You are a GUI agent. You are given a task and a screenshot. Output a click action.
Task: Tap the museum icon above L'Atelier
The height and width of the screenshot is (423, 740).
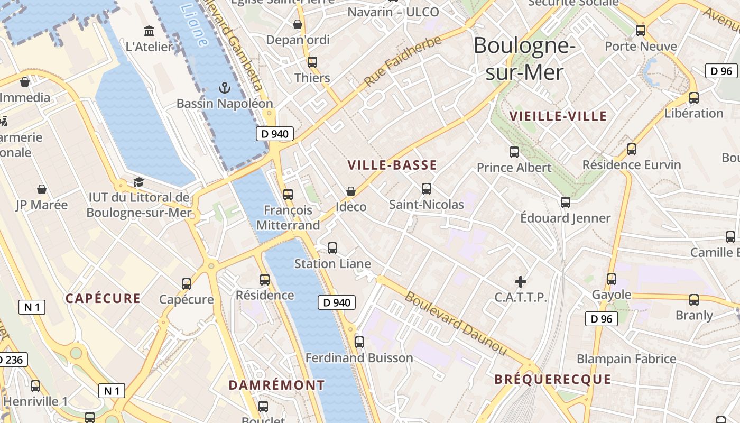(149, 31)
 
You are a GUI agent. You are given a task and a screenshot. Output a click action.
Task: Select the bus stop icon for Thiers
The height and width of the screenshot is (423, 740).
(312, 62)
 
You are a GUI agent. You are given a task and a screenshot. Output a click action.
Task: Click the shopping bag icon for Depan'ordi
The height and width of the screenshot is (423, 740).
(298, 24)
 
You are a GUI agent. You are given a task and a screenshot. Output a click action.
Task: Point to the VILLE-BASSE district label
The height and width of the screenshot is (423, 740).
(392, 165)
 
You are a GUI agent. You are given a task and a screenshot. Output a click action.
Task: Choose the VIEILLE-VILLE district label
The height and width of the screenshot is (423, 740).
(558, 116)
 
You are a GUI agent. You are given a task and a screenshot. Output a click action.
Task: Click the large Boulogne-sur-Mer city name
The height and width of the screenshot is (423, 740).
(524, 59)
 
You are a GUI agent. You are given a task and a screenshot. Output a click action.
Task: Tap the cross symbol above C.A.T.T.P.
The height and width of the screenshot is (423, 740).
(521, 281)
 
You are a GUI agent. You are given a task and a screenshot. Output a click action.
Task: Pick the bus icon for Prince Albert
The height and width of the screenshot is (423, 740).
(514, 152)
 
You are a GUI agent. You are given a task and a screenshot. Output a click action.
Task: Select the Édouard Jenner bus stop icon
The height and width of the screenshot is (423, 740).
(566, 202)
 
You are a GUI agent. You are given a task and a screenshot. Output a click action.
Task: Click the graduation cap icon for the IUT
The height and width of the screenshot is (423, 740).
(138, 182)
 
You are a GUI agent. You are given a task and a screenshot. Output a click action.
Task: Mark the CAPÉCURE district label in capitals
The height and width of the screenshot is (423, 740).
(103, 298)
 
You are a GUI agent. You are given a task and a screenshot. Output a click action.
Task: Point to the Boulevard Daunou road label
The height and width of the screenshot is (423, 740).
(456, 323)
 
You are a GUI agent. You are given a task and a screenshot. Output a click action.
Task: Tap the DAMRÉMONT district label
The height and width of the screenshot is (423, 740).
(276, 385)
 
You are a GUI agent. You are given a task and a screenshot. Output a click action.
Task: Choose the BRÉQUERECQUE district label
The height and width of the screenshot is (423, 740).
(552, 380)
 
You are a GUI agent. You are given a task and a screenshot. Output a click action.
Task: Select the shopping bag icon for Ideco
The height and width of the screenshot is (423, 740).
(350, 191)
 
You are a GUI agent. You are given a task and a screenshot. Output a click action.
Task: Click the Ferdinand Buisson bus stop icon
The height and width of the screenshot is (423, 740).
(359, 342)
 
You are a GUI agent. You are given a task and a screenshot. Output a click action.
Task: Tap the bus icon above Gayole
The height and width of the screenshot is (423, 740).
(612, 279)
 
